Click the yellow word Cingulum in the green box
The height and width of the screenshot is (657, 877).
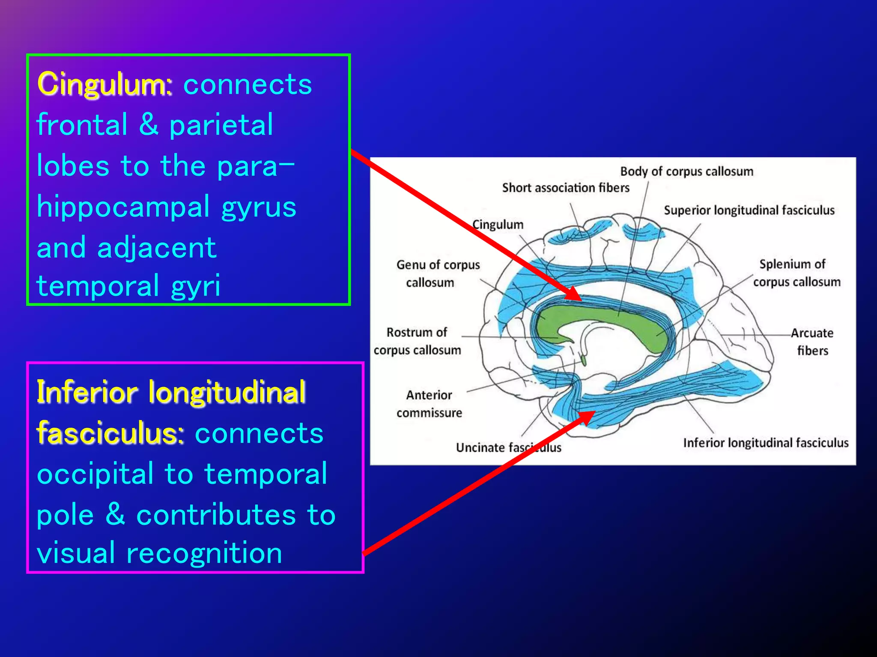(104, 84)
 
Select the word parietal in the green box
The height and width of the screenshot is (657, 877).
(221, 125)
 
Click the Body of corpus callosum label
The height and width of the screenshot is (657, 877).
(686, 172)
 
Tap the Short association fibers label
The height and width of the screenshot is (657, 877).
(566, 188)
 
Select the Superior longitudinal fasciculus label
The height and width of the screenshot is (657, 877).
(749, 210)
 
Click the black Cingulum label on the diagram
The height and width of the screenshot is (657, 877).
(498, 225)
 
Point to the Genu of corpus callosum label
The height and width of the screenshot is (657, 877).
(438, 273)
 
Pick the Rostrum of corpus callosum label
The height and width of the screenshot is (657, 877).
(417, 341)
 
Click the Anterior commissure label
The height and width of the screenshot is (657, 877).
(429, 404)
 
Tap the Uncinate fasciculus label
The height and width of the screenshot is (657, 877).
(508, 447)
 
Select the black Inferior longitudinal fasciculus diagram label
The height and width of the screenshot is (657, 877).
(766, 443)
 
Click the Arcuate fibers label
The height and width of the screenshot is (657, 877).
(812, 341)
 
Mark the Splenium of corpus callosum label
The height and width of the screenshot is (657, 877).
(796, 273)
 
